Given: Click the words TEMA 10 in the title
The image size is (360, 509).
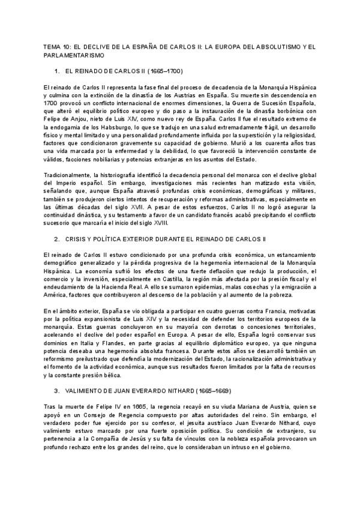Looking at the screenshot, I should pyautogui.click(x=57, y=46).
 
